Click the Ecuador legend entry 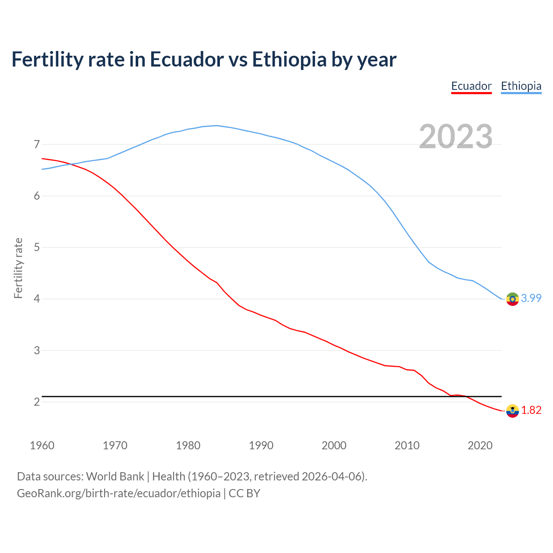pos(471,86)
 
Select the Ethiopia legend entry pos(521,86)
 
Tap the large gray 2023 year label pos(456,137)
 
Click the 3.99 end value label pos(531,299)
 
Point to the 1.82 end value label pos(531,410)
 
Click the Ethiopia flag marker pos(512,299)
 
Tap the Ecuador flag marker pos(512,411)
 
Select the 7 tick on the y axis pos(37,144)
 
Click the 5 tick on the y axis pos(37,248)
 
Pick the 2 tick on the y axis pos(37,402)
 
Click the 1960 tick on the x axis pos(42,445)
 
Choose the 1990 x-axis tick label pos(261,445)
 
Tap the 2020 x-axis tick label pos(480,445)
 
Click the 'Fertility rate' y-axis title pos(18,268)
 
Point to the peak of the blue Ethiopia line pos(216,126)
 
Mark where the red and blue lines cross pos(71,164)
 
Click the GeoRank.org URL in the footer pos(119,493)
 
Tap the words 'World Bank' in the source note pos(115,477)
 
